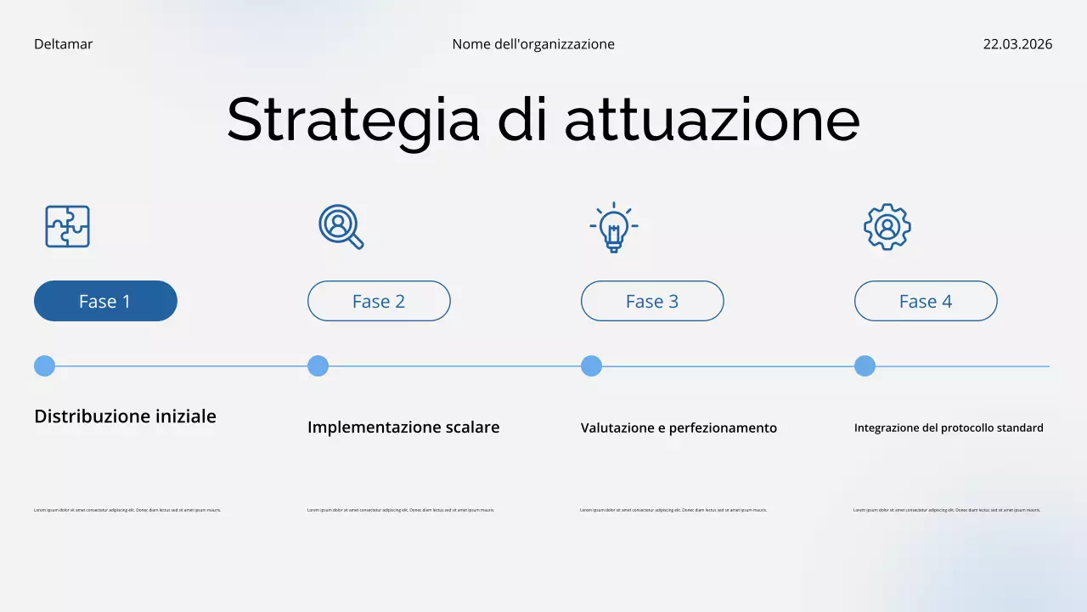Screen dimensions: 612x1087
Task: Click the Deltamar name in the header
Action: pos(63,44)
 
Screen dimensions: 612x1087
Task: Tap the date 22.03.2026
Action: pos(1017,44)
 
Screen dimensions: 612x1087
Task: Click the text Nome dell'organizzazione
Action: pos(533,44)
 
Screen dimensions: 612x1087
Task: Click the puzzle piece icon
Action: pos(67,227)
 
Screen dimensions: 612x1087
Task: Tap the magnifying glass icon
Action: pos(341,227)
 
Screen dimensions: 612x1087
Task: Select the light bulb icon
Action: pos(613,227)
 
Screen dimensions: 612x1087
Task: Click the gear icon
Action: pos(887,227)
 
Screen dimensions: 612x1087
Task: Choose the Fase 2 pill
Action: pos(379,301)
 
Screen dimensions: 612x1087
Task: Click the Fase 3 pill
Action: pos(652,301)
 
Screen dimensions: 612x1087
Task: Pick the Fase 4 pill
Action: pos(926,301)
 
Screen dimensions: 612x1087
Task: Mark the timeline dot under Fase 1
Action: pos(44,366)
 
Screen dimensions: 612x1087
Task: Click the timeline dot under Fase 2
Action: pos(318,366)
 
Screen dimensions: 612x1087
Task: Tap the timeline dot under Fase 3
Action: pos(591,366)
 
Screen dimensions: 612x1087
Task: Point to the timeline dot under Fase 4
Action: pos(865,366)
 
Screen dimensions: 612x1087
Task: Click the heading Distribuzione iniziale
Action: pos(125,416)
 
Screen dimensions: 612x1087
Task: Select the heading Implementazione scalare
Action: pos(403,428)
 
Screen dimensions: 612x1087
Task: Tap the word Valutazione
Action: pos(617,428)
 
